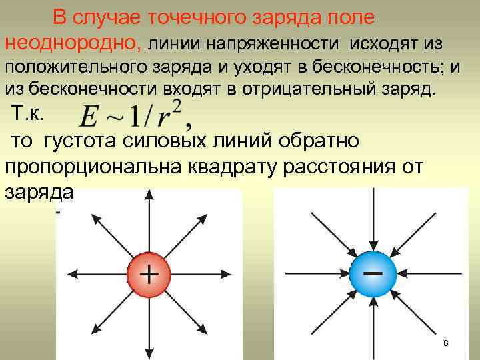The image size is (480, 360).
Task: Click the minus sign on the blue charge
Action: (x=372, y=273)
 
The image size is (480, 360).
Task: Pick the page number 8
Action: (x=445, y=343)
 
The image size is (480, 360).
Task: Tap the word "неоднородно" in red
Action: (x=72, y=43)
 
